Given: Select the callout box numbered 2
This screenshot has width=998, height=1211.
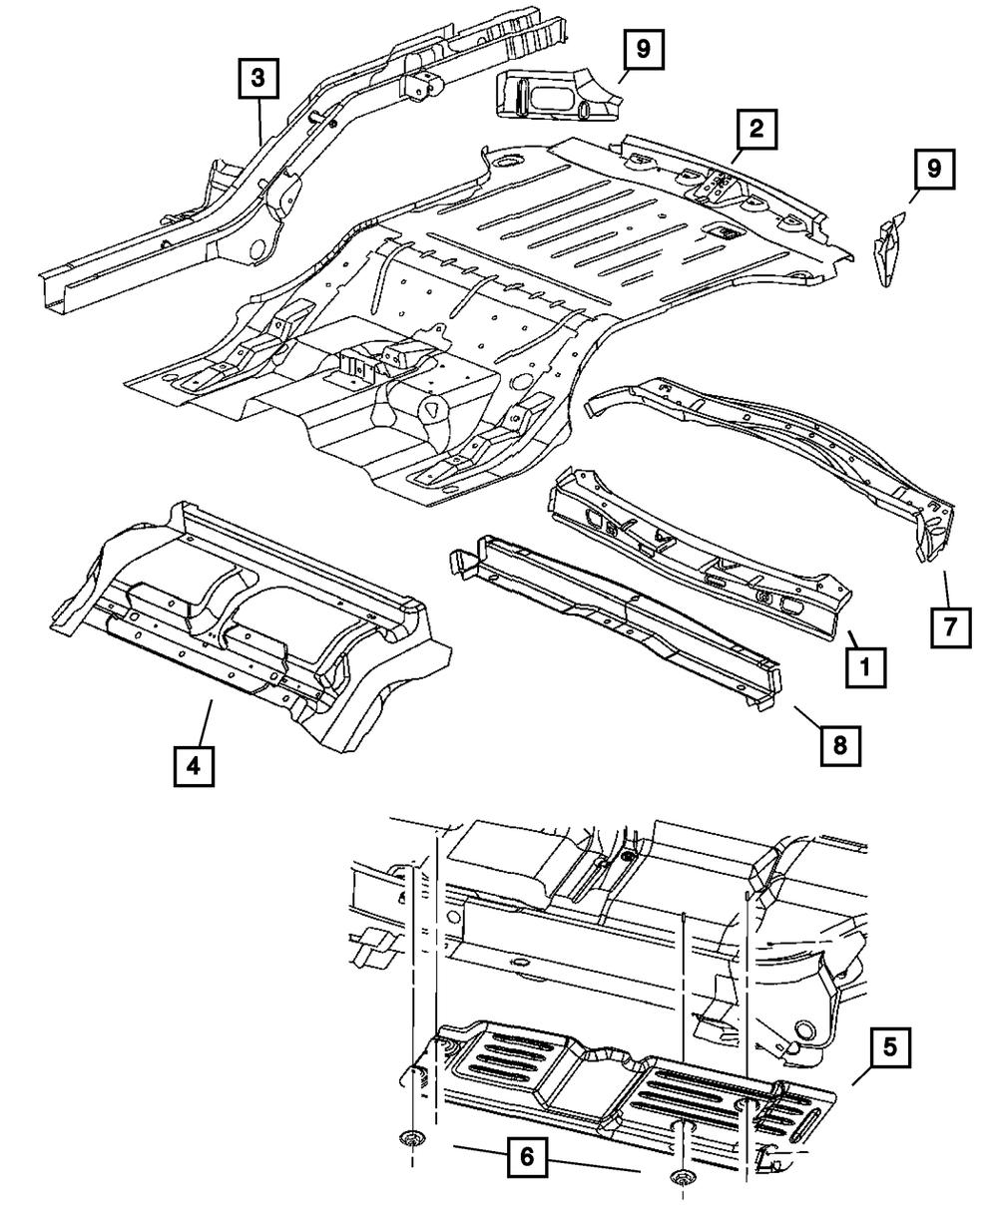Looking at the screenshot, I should click(756, 129).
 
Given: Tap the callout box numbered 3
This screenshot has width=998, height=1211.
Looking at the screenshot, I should click(258, 79).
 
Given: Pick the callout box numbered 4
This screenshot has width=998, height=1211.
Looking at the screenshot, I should click(193, 765).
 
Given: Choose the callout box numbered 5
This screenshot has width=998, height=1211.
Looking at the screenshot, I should click(888, 1047).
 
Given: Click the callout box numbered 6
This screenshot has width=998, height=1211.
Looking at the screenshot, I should click(526, 1157).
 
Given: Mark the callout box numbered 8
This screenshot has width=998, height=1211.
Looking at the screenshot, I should click(840, 743).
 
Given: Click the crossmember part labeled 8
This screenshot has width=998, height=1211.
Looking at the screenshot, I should click(619, 618).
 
